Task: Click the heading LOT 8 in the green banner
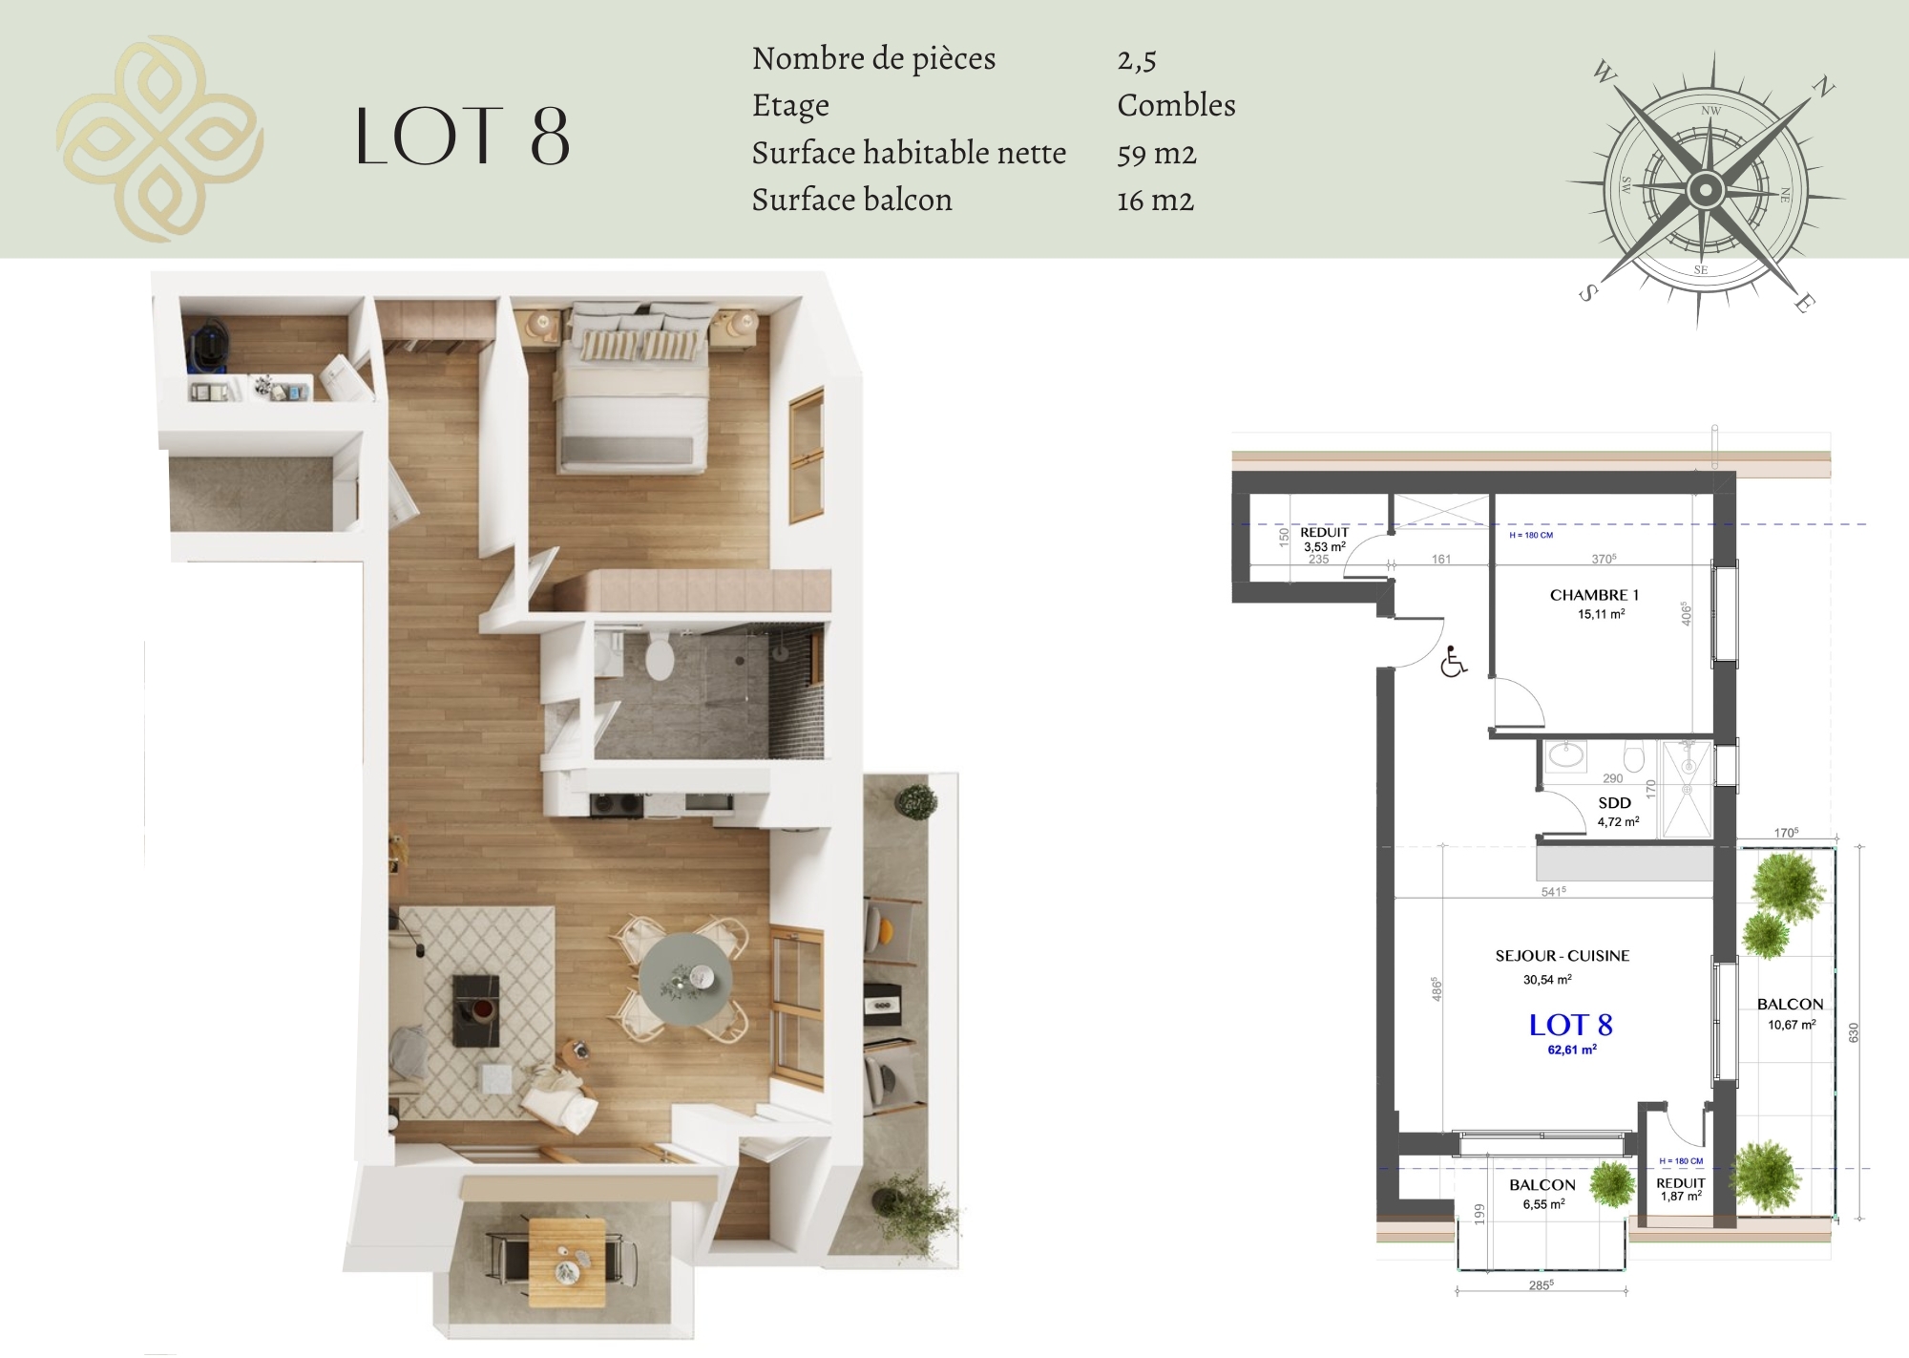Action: pyautogui.click(x=463, y=137)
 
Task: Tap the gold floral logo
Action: pyautogui.click(x=159, y=138)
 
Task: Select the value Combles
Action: pyautogui.click(x=1176, y=105)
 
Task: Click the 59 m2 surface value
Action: pyautogui.click(x=1156, y=153)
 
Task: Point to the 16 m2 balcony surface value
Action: pyautogui.click(x=1155, y=200)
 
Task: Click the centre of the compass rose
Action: pyautogui.click(x=1704, y=190)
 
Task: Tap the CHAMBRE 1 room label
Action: pyautogui.click(x=1594, y=595)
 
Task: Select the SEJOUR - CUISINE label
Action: pyautogui.click(x=1563, y=955)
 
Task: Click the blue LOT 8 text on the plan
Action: pyautogui.click(x=1570, y=1025)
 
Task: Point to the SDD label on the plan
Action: pyautogui.click(x=1614, y=803)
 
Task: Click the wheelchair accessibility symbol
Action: pyautogui.click(x=1454, y=662)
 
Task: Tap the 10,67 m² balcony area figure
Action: pyautogui.click(x=1791, y=1025)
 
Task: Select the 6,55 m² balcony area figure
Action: pyautogui.click(x=1543, y=1204)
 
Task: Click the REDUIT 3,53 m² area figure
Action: pyautogui.click(x=1325, y=547)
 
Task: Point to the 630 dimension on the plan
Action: pyautogui.click(x=1854, y=1032)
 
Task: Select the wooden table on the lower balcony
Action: pyautogui.click(x=567, y=1263)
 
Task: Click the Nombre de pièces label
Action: pyautogui.click(x=873, y=59)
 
